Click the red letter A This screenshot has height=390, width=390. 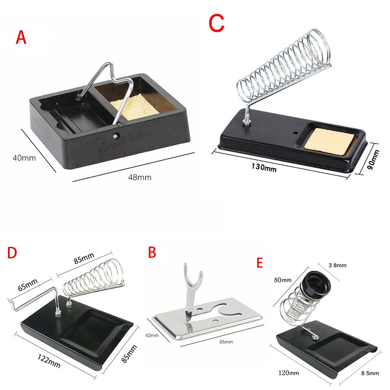[x=21, y=38]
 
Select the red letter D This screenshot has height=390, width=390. [x=12, y=253]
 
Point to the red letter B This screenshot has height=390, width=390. [x=152, y=252]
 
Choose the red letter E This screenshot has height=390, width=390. [x=260, y=262]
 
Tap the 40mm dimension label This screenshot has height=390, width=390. [x=24, y=158]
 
